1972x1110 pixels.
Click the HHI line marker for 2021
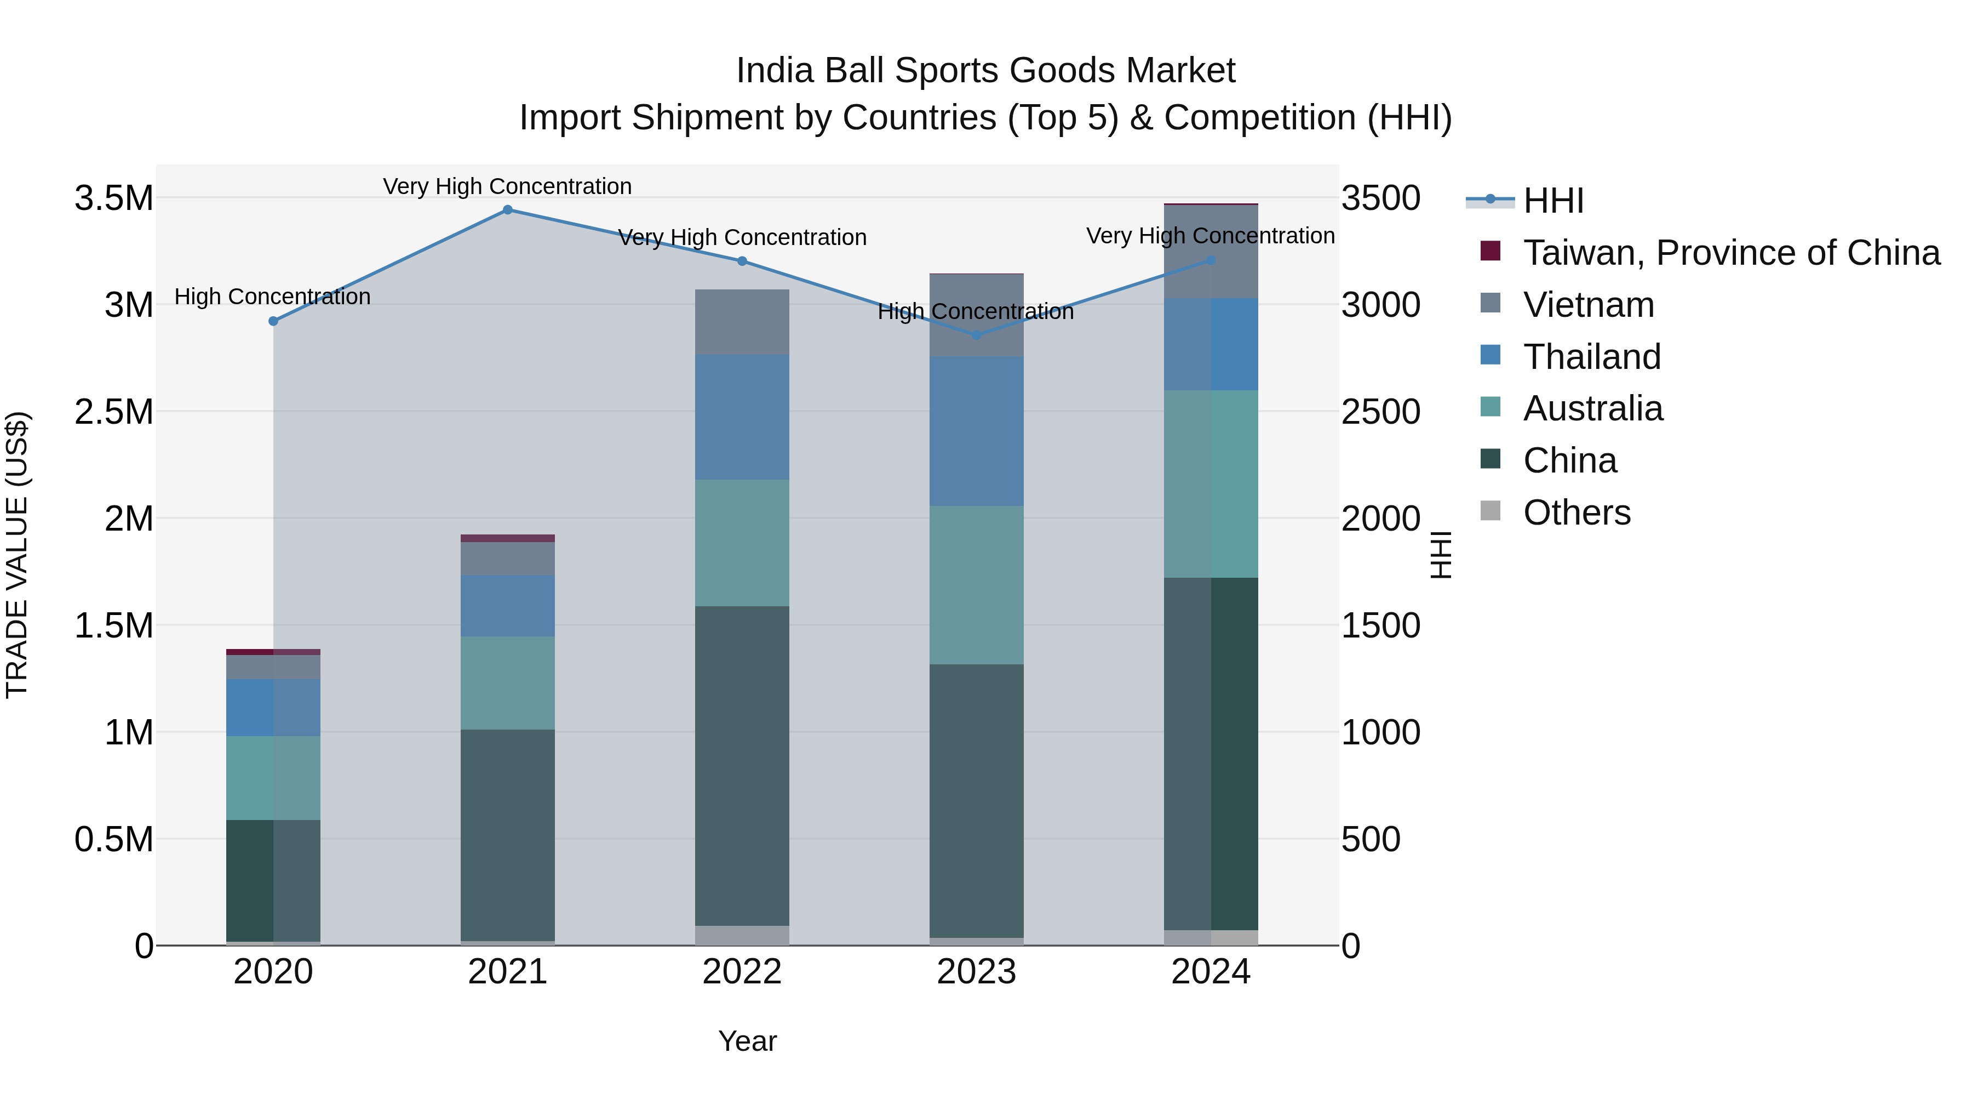[508, 210]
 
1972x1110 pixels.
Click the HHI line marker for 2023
[976, 335]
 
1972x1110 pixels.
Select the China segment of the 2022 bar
[742, 766]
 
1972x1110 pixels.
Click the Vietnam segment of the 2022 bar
[742, 322]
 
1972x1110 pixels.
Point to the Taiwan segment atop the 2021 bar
[508, 538]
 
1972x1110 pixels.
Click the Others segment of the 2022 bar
[742, 935]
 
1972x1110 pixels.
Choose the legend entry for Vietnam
[1589, 305]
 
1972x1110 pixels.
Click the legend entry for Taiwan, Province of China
[1730, 253]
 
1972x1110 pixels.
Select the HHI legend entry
[1552, 201]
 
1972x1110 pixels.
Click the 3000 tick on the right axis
[1380, 305]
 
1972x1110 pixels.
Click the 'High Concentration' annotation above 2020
[273, 297]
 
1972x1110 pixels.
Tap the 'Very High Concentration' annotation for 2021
[508, 186]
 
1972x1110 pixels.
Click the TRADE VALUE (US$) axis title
[17, 555]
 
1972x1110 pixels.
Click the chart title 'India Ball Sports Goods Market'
[985, 71]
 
